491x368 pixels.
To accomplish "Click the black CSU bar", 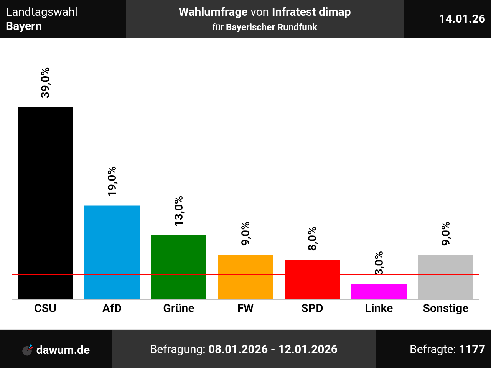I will (x=45, y=203).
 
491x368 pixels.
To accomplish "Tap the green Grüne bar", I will (x=179, y=267).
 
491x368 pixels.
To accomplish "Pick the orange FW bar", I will (x=245, y=277).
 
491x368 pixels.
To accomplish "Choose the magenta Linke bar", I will (x=379, y=291).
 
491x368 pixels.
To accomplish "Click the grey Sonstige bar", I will (x=446, y=277).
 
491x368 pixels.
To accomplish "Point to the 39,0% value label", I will (x=45, y=83).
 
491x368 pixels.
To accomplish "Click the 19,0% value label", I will (x=112, y=182).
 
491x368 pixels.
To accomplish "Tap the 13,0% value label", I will (x=179, y=211).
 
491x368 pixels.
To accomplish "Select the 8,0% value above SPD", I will (x=312, y=238).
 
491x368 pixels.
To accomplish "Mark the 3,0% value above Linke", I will (x=379, y=263).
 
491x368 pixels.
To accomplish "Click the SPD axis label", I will (x=312, y=308).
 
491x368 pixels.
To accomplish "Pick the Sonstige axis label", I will (x=446, y=308).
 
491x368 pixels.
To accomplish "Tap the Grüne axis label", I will (x=179, y=308).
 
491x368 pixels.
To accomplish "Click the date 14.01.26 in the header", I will (x=462, y=19).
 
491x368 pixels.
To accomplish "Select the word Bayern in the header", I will (x=24, y=26).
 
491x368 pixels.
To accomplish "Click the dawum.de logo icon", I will (x=28, y=350).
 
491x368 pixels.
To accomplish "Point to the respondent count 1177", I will (x=472, y=349).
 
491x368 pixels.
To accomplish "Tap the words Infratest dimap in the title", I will (x=311, y=12).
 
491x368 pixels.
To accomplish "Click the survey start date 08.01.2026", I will (x=238, y=349).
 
